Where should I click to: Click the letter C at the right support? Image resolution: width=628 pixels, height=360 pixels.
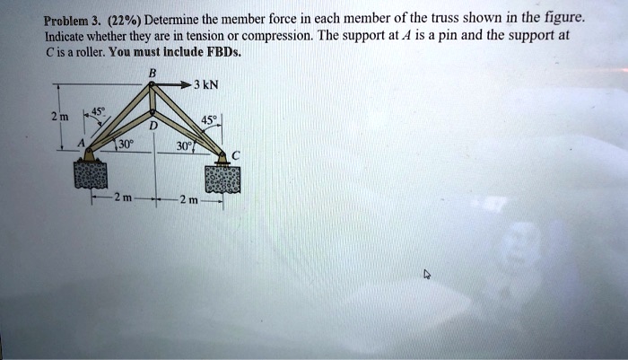[235, 155]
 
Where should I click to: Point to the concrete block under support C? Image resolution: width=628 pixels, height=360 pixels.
[223, 178]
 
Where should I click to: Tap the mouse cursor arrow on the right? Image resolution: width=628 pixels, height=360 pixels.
[427, 277]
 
